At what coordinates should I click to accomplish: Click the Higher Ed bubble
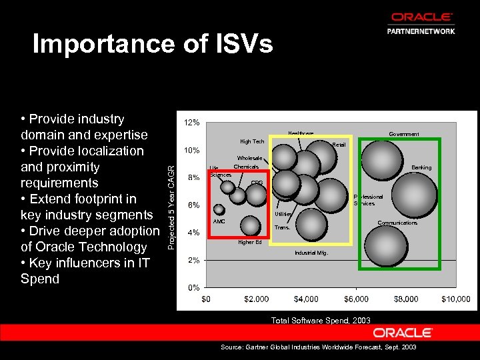pos(250,226)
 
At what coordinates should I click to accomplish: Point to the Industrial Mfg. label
pos(311,254)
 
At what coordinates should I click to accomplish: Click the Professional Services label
pos(368,200)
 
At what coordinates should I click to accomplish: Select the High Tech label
pos(252,141)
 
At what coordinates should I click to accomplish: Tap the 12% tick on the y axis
pos(191,123)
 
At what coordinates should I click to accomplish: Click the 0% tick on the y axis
pos(193,287)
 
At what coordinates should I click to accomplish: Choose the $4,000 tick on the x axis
pos(305,299)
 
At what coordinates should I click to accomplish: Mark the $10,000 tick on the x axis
pos(455,299)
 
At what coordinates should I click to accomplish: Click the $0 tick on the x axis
pos(206,299)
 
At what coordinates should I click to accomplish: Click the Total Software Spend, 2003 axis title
pos(321,321)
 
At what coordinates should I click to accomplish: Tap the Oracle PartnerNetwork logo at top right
pos(421,23)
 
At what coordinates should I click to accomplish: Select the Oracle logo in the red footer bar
pos(403,332)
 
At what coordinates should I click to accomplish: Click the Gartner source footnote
pos(318,348)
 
